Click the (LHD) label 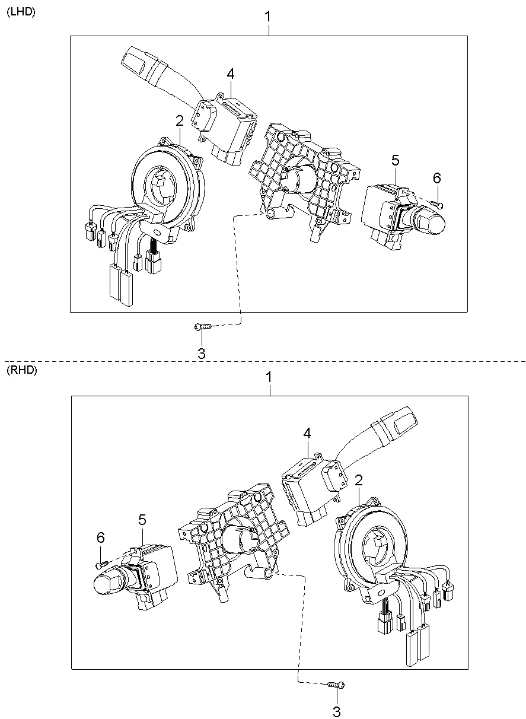point(21,12)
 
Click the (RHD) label point(22,370)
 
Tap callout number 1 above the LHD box point(267,17)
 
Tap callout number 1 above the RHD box point(269,377)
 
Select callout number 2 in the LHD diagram point(180,120)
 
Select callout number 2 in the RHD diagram point(359,480)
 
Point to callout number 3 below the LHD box point(201,354)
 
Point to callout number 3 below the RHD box point(336,712)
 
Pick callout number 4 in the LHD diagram point(231,74)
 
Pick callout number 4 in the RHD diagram point(307,434)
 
